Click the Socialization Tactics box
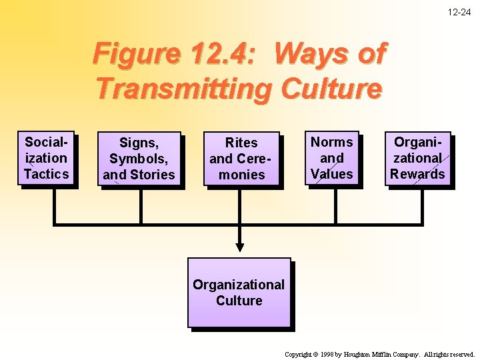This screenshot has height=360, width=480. (x=46, y=158)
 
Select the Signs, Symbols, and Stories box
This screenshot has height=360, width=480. (x=139, y=159)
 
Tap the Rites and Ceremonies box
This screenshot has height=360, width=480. (x=241, y=159)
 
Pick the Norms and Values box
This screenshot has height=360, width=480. (x=332, y=158)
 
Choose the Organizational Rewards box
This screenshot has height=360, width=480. (x=418, y=158)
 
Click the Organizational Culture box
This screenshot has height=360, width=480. (x=239, y=292)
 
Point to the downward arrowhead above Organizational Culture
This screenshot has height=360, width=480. (x=240, y=245)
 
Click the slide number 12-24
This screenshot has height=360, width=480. (x=459, y=12)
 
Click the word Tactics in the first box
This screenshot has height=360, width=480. (x=46, y=174)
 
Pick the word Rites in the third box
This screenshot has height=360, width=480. (x=241, y=143)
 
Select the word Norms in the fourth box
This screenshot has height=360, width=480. (x=332, y=142)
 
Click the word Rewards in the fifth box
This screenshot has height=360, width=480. (x=418, y=174)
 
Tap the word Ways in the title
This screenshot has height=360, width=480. (x=305, y=53)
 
